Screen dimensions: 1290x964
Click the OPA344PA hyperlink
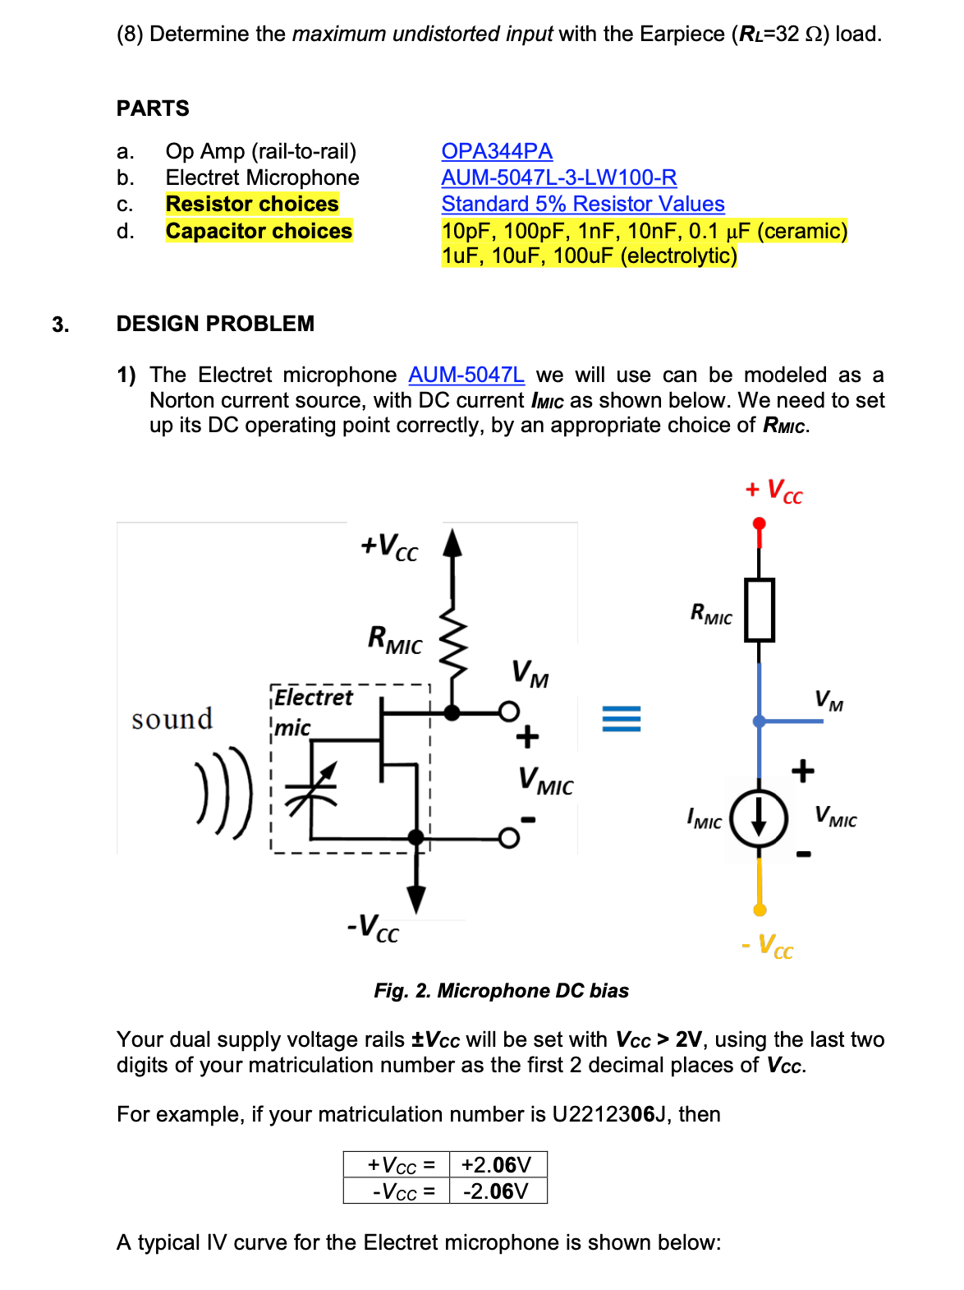(496, 151)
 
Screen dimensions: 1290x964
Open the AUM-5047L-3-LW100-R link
(558, 177)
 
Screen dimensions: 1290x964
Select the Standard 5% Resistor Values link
(582, 204)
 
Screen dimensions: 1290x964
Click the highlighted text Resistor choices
(252, 204)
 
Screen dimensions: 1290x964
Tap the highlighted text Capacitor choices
(259, 231)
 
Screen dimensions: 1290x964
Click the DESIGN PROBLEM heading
(215, 324)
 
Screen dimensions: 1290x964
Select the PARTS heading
(153, 108)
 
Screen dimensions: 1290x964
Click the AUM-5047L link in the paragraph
(466, 375)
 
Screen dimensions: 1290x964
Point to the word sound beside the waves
(172, 719)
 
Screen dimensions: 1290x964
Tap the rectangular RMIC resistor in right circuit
(759, 610)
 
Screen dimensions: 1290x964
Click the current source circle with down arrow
(759, 818)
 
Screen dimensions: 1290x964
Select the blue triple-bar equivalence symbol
(621, 719)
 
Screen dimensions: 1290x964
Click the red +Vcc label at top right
(773, 491)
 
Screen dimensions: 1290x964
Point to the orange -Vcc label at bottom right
(768, 946)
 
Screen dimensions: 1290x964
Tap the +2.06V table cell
(497, 1165)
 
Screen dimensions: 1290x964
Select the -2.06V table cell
(497, 1191)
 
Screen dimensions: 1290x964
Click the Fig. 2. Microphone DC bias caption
(501, 991)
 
